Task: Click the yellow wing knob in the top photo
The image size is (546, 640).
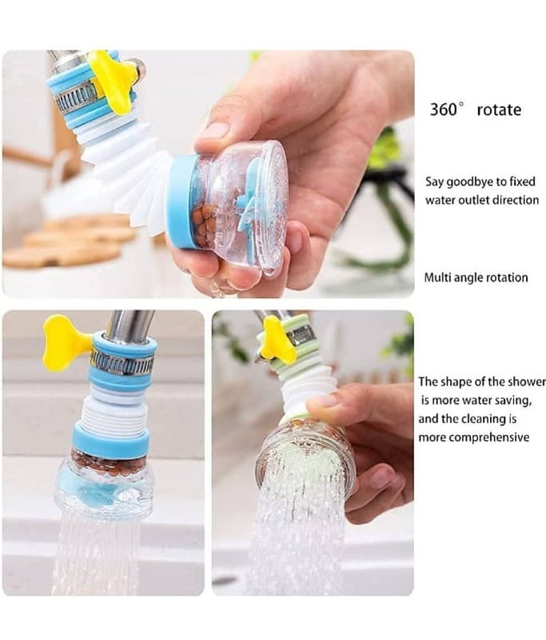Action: point(112,81)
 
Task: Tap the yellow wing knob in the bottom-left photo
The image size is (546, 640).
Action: point(66,342)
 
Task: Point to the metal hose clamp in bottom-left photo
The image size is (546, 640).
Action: point(122,362)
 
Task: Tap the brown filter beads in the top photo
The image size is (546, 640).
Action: point(203,222)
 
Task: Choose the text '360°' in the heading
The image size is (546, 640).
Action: point(448,110)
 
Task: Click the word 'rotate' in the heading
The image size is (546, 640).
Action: point(499,110)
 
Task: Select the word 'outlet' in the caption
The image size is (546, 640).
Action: point(474,200)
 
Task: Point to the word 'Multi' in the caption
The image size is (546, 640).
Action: point(437,278)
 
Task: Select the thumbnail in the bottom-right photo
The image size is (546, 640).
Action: point(322,401)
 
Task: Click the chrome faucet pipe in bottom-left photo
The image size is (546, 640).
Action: point(130,325)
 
